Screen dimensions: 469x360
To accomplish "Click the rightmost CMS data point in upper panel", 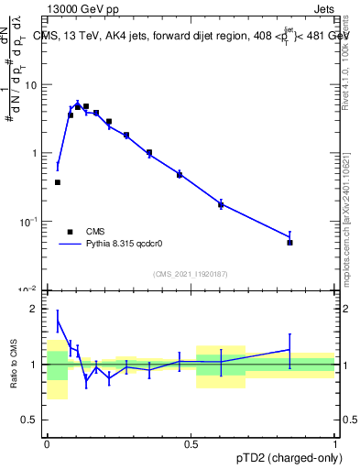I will [289, 243].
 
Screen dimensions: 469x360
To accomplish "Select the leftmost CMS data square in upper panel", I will [58, 182].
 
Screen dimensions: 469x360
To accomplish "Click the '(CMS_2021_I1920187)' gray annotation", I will [190, 274].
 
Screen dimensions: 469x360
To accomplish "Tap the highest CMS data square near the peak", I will [86, 106].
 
